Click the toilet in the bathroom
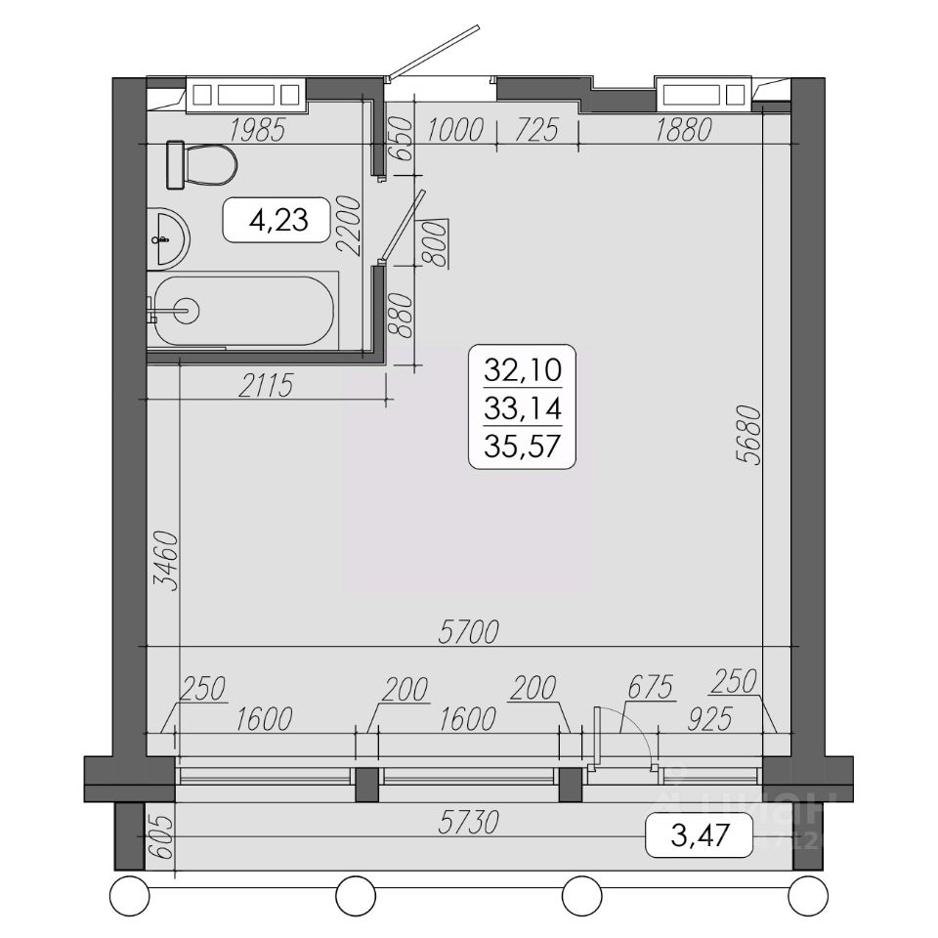pyautogui.click(x=201, y=164)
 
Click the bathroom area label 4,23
pyautogui.click(x=278, y=220)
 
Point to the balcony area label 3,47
pyautogui.click(x=700, y=835)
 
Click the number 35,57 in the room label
pyautogui.click(x=522, y=447)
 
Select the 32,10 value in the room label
pyautogui.click(x=522, y=369)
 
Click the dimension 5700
pyautogui.click(x=468, y=632)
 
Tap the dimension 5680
pyautogui.click(x=748, y=435)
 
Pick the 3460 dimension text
pyautogui.click(x=166, y=561)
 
